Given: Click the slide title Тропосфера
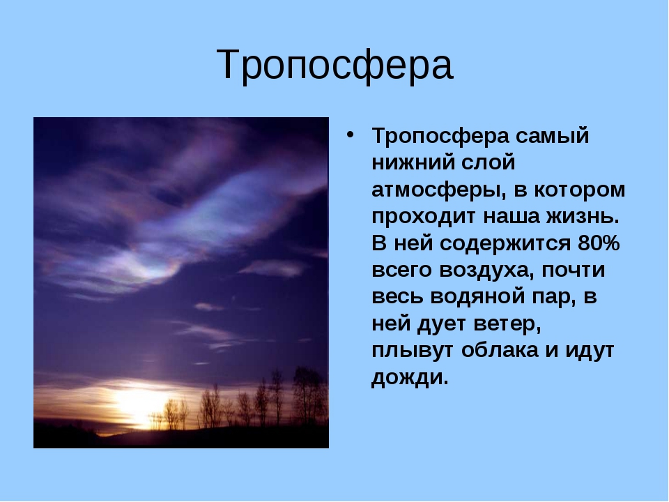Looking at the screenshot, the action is click(334, 66).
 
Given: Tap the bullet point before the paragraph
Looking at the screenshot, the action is click(351, 135).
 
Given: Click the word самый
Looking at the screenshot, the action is click(552, 137).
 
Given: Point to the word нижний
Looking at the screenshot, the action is click(415, 162).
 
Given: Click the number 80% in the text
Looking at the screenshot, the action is click(598, 243).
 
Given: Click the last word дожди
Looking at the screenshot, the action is click(410, 378).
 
